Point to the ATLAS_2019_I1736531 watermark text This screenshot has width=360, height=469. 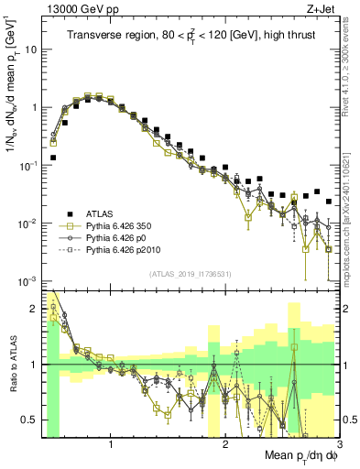click(x=190, y=273)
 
